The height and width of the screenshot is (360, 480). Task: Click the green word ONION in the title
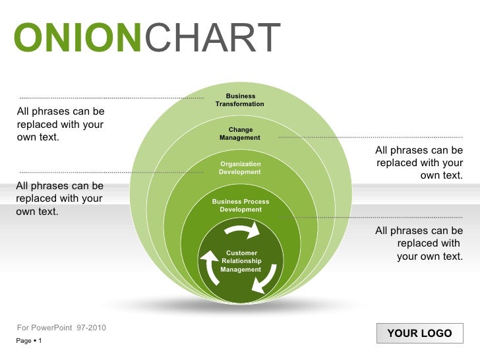tap(78, 38)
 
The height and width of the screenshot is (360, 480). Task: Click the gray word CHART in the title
tap(212, 38)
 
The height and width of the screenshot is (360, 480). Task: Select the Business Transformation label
tap(240, 100)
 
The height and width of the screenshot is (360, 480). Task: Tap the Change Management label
tap(240, 134)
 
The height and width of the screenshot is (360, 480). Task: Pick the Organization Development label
tap(240, 167)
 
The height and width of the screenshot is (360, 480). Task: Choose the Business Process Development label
tap(241, 206)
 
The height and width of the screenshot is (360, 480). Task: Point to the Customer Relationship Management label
tap(241, 261)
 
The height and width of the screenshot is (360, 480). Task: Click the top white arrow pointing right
tap(243, 230)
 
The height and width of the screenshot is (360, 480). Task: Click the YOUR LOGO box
tap(420, 333)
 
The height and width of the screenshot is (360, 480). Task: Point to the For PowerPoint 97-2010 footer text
tap(61, 328)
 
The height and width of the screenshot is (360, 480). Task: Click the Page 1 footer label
tap(29, 340)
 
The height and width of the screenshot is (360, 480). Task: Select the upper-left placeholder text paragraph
tap(61, 124)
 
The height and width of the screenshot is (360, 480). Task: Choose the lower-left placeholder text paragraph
tap(60, 198)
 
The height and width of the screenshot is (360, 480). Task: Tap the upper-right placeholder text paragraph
tap(419, 163)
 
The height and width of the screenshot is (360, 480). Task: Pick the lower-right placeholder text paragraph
tap(419, 243)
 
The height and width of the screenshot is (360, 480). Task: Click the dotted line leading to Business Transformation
tap(111, 98)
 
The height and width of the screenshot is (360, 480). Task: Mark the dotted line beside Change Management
tap(371, 137)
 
